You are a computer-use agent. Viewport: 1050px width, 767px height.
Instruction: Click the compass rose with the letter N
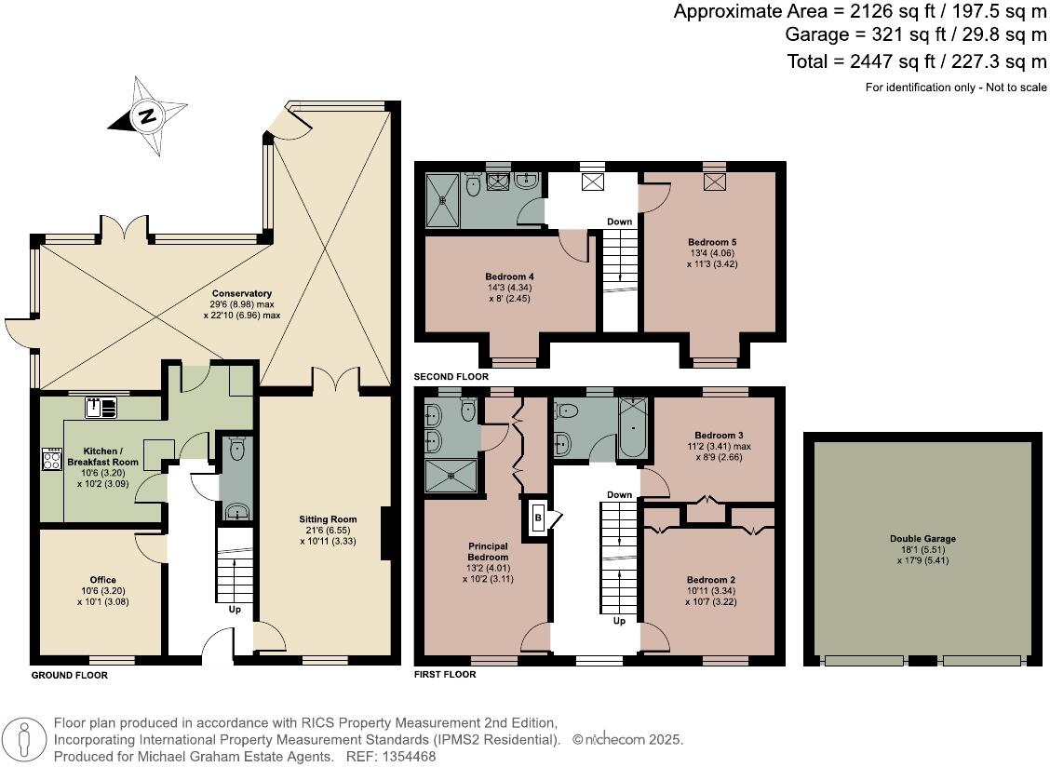coord(146,116)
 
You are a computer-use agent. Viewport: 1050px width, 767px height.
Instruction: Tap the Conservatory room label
coord(241,304)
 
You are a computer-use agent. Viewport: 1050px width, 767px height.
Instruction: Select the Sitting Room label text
coord(328,530)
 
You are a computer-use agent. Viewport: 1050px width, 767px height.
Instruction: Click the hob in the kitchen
coord(51,460)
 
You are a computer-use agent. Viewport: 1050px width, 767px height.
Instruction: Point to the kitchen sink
coord(100,408)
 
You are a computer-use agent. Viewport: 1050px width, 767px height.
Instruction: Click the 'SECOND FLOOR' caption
coord(451,377)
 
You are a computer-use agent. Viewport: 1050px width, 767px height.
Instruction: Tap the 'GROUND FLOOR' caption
coord(70,676)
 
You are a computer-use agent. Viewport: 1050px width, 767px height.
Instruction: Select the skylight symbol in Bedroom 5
coord(714,183)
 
